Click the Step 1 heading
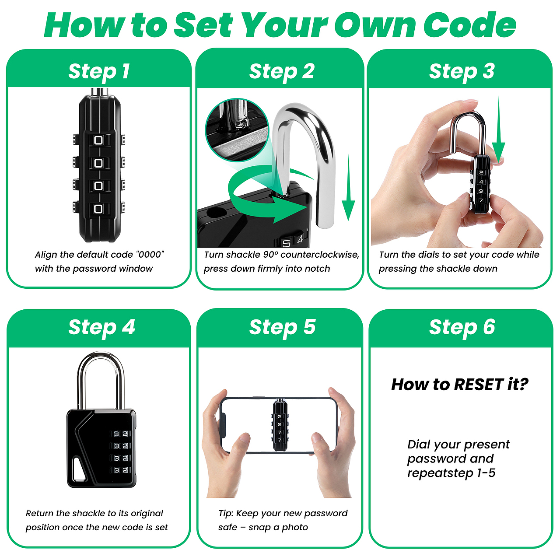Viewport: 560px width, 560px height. tap(99, 71)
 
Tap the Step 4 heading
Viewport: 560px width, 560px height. tap(101, 327)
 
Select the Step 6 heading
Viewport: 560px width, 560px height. tap(462, 327)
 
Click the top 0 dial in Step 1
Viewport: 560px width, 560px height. tap(98, 140)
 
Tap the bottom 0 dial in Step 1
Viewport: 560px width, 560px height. tap(98, 209)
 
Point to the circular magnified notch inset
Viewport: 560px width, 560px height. tap(237, 130)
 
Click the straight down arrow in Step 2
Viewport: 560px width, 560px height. tap(348, 188)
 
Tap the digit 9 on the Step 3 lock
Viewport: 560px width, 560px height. tap(481, 191)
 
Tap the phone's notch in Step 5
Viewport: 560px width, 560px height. tap(223, 425)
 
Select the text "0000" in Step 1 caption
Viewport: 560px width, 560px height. tap(150, 255)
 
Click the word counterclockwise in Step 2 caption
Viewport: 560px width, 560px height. tap(320, 255)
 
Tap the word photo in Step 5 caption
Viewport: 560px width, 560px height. tap(295, 527)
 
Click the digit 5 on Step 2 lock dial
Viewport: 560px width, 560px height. tap(286, 243)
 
